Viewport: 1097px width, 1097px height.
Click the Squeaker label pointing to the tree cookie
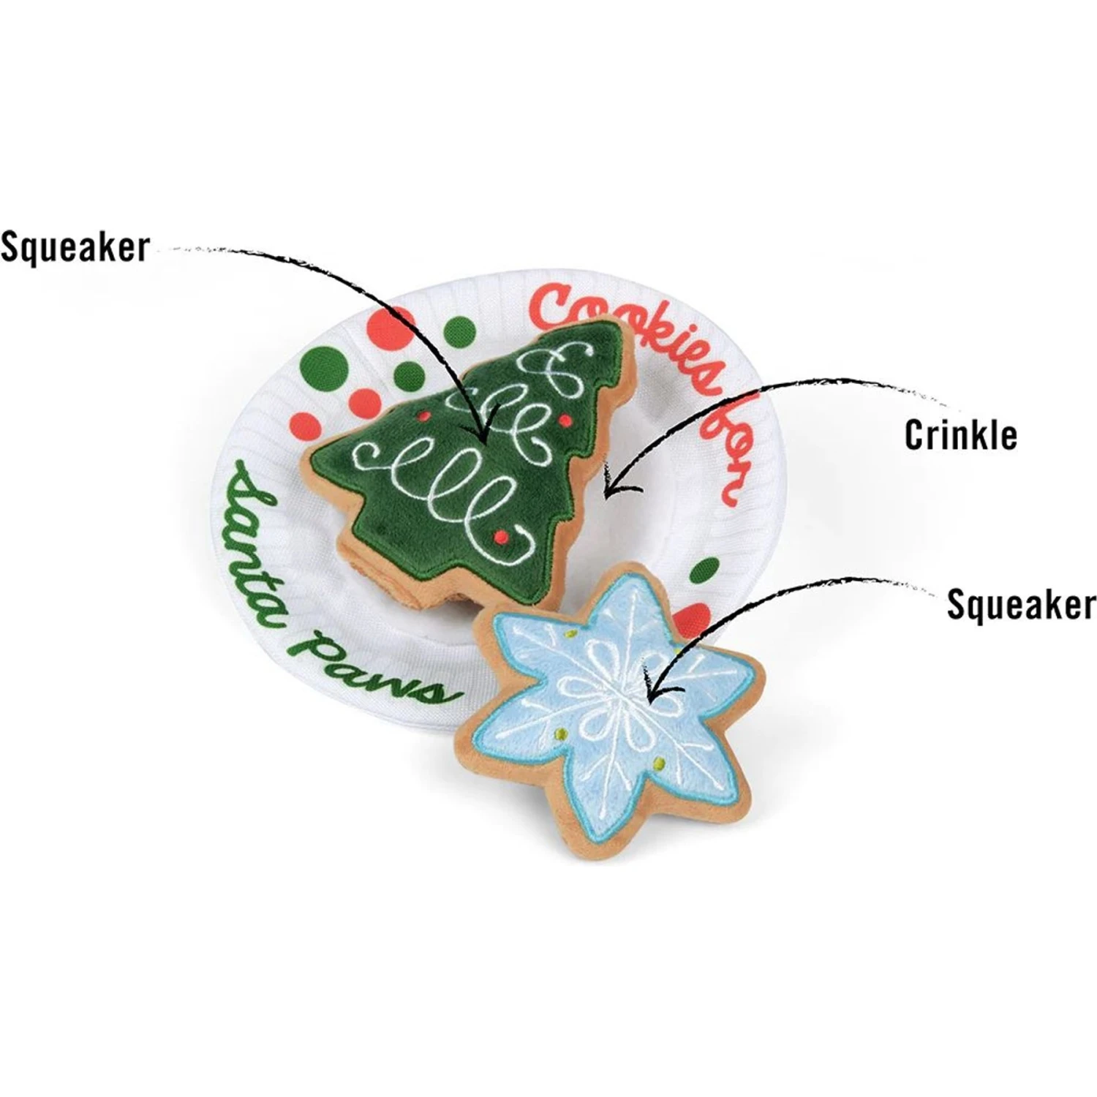pos(75,247)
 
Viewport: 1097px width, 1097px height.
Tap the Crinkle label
pos(960,435)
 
